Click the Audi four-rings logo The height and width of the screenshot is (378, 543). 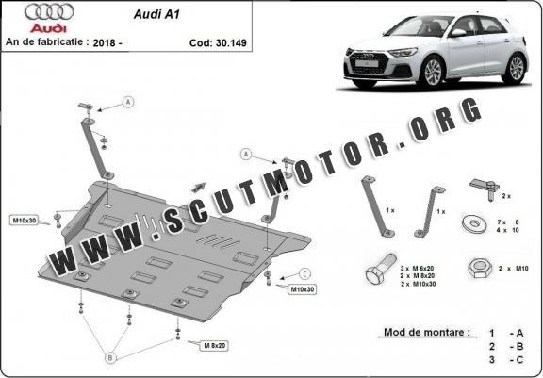tap(49, 11)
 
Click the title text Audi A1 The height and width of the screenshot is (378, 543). tap(156, 14)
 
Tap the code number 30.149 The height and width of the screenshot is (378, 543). tap(231, 43)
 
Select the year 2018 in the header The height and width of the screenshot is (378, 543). tap(104, 43)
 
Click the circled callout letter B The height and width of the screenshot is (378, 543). tap(110, 357)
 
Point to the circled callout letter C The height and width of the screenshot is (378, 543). tap(304, 274)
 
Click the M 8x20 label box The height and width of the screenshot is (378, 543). tap(214, 345)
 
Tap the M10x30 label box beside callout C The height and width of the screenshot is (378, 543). tap(302, 289)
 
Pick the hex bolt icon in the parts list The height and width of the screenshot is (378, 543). tap(381, 270)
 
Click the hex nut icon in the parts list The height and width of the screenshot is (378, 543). tap(480, 268)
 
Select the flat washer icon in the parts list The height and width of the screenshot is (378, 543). tap(474, 223)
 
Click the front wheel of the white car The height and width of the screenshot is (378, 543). tap(433, 73)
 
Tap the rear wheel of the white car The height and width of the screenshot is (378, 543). tap(516, 68)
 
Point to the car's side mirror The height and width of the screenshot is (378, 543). tap(458, 33)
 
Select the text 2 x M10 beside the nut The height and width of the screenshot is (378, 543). tap(514, 269)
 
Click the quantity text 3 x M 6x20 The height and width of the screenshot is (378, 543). tap(417, 268)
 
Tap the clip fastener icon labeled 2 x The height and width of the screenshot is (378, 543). tap(485, 189)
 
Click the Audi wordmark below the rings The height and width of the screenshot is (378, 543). tap(48, 28)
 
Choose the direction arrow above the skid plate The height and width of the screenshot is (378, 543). tap(198, 187)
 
